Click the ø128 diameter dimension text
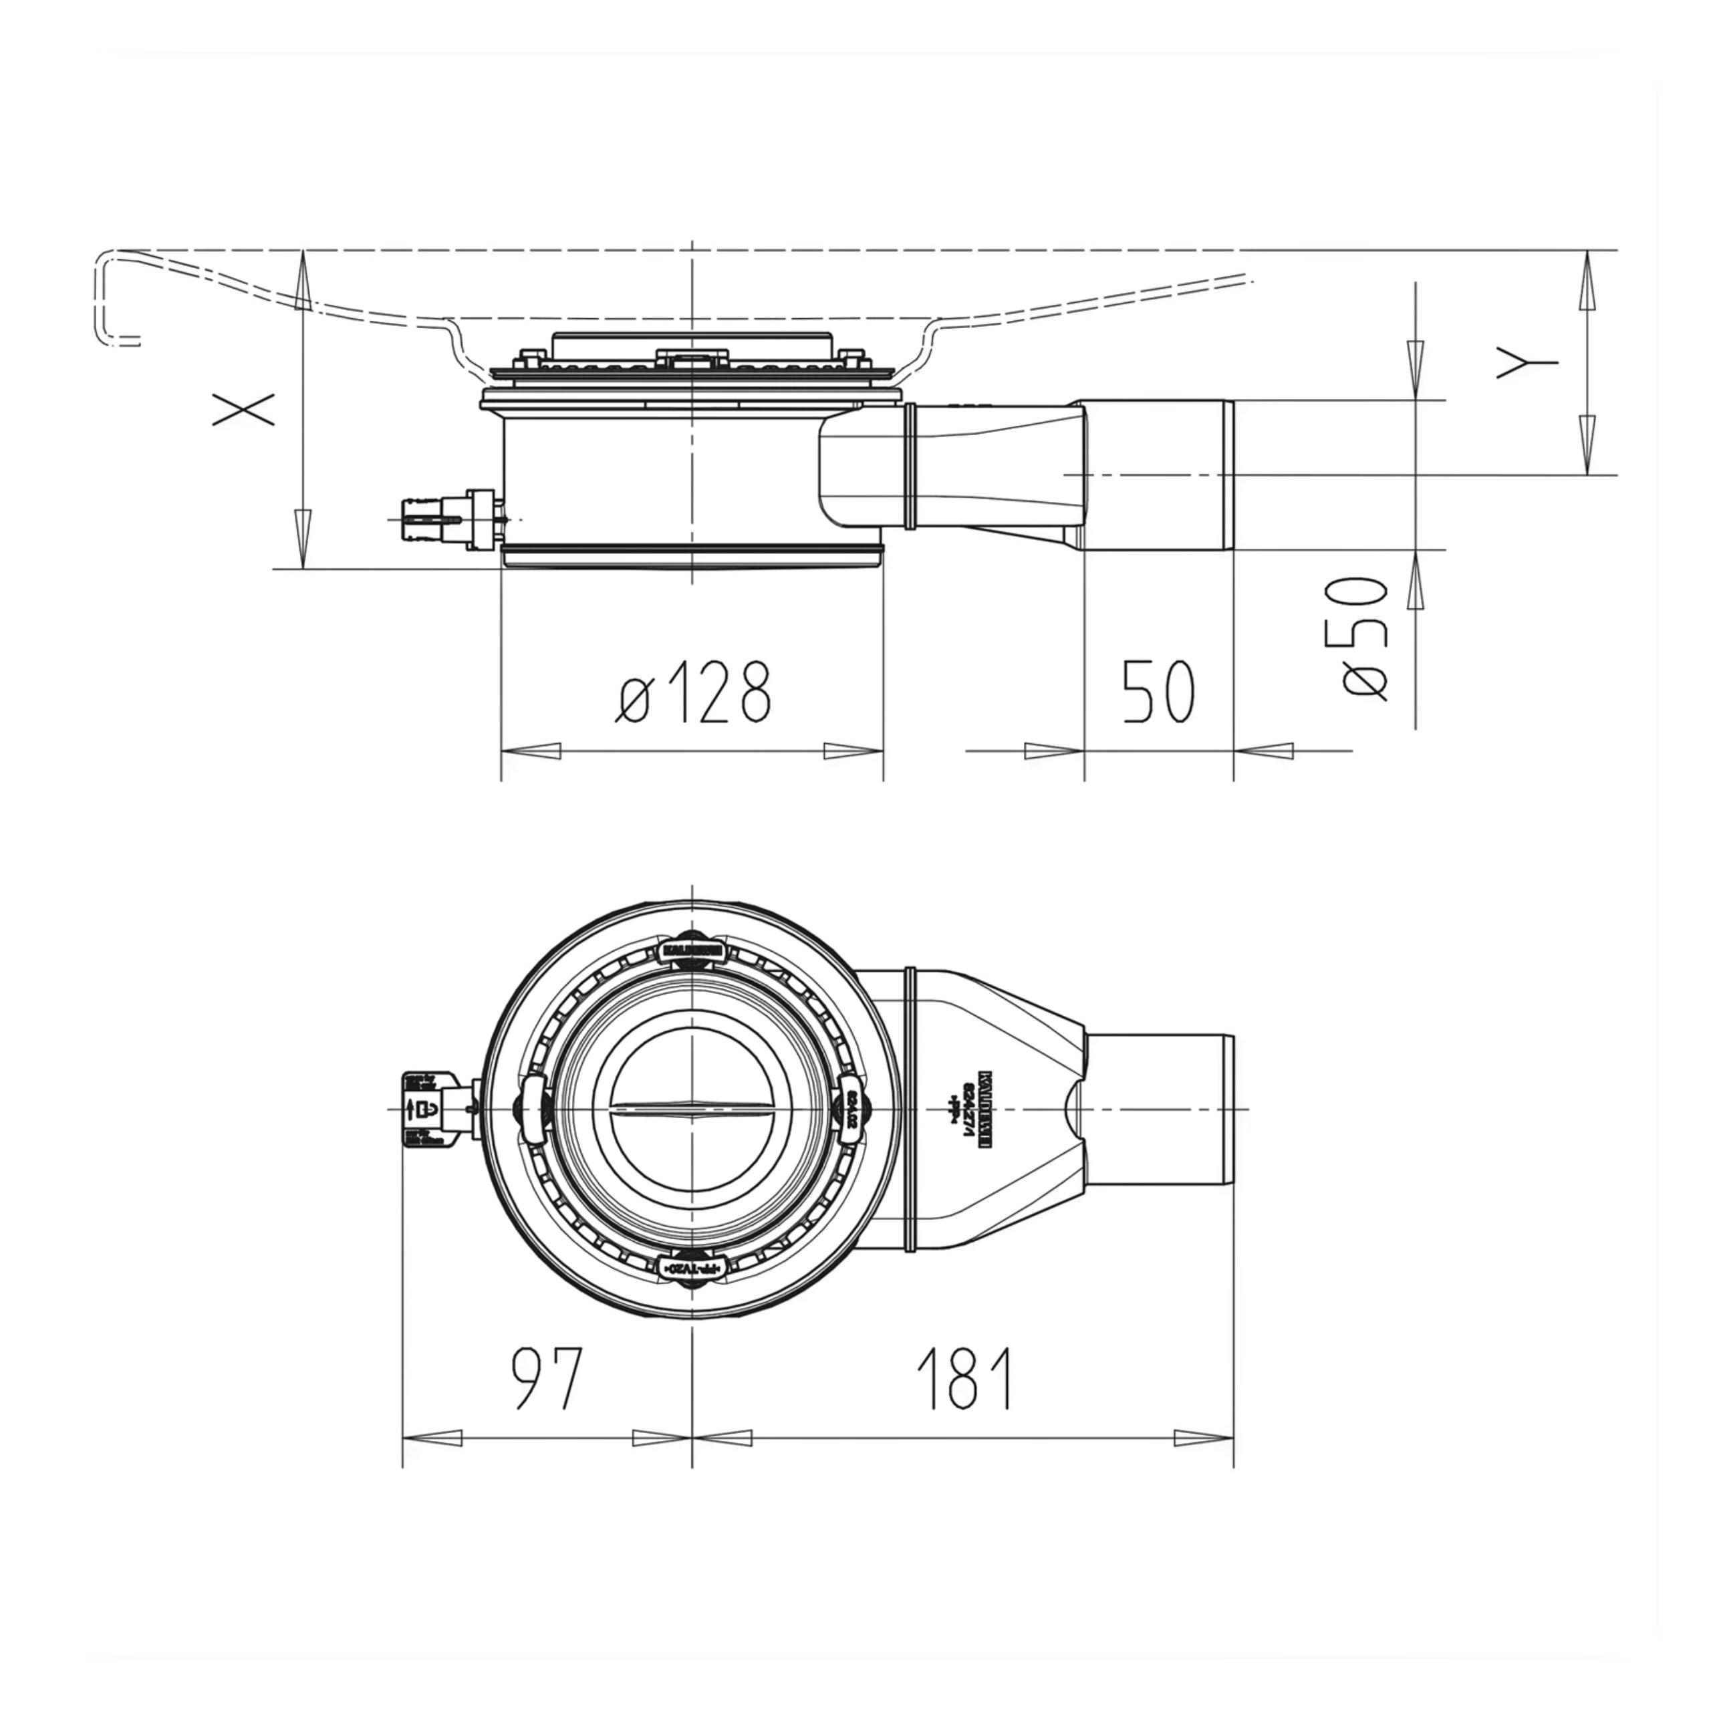pos(694,692)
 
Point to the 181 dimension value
pos(965,1378)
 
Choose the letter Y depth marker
pos(1526,362)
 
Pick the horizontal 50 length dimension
pos(1158,692)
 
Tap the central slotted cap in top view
pos(692,1109)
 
